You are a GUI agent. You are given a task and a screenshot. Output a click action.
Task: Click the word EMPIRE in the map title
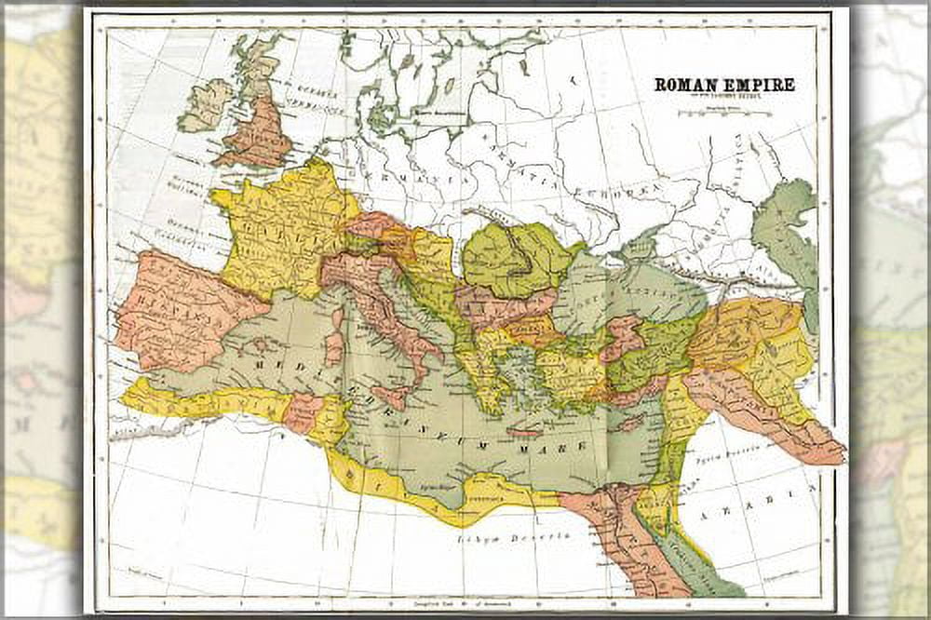757,85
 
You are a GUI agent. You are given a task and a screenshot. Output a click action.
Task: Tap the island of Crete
525,432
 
